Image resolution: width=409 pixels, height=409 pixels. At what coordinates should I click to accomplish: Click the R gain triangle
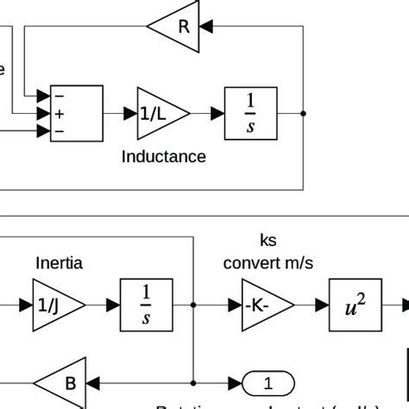tap(177, 26)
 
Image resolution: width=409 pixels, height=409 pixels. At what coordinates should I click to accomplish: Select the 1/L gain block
tap(160, 113)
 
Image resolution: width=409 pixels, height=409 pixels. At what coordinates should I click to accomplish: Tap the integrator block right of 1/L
tap(250, 113)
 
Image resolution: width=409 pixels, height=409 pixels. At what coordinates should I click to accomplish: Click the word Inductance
tap(164, 156)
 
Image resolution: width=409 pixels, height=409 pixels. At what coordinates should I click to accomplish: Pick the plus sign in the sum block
tap(60, 113)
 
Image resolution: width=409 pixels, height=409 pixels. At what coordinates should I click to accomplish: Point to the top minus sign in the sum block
tap(60, 96)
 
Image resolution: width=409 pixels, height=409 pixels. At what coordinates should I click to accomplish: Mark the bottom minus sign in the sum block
tap(60, 130)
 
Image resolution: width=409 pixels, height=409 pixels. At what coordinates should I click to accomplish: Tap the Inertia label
tap(60, 262)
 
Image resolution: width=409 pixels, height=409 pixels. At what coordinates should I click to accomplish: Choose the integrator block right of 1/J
tap(146, 305)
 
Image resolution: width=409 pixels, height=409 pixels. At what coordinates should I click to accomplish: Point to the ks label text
tap(268, 240)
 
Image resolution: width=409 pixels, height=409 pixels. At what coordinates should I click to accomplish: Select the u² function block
tap(355, 305)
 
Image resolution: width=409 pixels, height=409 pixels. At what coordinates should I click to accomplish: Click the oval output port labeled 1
tap(267, 381)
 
